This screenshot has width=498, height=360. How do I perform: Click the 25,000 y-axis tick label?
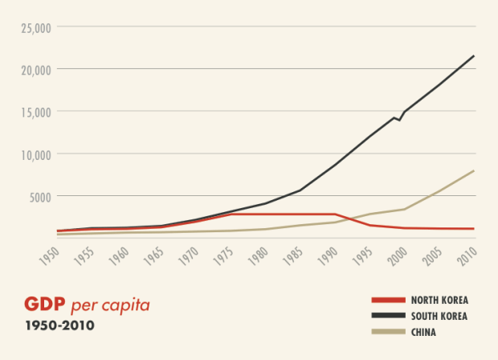click(35, 27)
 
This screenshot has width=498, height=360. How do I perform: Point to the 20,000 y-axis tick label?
click(35, 70)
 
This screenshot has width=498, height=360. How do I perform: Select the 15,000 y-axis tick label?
click(35, 112)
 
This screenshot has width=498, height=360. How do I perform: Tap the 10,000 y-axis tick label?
click(35, 154)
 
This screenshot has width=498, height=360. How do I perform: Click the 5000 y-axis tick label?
click(39, 196)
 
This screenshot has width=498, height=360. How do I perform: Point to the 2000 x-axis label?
click(395, 255)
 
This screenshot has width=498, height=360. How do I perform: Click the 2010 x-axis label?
click(464, 255)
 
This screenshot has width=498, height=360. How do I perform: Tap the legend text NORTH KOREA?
click(439, 300)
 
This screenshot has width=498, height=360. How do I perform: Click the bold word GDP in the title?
click(45, 305)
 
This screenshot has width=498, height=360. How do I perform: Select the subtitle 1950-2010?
click(59, 326)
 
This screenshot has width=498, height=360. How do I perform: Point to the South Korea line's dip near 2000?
click(399, 120)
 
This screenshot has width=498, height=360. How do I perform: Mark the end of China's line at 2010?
click(474, 170)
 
